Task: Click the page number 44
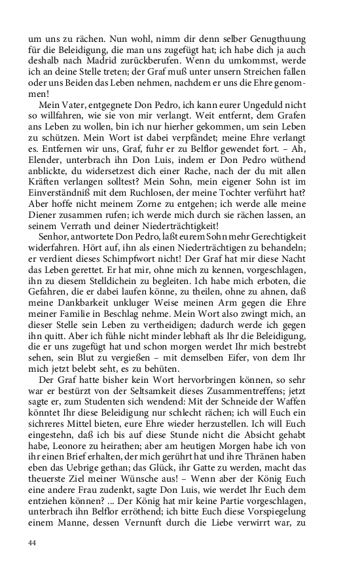[x=32, y=543]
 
